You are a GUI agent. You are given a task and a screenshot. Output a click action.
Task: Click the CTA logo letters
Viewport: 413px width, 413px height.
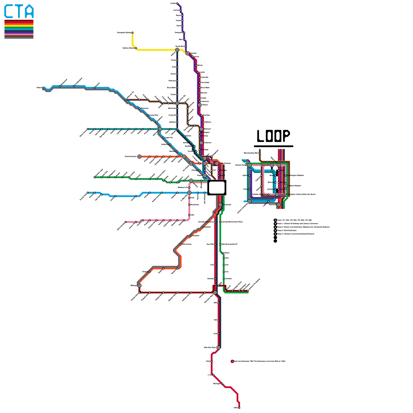19,11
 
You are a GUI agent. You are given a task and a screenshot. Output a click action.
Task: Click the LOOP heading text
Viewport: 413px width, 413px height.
273,136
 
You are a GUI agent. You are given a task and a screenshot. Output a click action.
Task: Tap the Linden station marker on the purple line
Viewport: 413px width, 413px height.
177,3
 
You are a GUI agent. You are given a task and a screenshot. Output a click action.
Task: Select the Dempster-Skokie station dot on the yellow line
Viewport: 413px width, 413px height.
132,33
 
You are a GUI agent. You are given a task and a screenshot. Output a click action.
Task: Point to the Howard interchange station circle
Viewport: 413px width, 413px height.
187,53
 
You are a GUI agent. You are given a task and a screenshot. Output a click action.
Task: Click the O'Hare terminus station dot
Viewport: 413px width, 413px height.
43,88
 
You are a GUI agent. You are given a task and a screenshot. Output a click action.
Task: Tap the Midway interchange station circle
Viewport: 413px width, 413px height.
139,285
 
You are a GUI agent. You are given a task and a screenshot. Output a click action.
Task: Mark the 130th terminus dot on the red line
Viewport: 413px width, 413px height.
239,408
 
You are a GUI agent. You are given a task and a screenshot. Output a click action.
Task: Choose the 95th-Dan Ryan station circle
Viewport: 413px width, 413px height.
218,348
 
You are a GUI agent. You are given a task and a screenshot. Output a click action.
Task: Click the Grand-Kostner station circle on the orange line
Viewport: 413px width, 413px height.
139,157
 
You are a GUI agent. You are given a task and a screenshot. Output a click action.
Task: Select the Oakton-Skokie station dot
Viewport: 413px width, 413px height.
136,48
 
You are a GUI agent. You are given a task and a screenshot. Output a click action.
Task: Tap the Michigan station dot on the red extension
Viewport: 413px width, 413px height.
222,384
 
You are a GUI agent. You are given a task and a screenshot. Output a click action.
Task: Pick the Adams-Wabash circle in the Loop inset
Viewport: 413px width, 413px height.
285,186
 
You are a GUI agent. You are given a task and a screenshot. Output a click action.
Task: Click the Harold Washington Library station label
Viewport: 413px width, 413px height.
297,194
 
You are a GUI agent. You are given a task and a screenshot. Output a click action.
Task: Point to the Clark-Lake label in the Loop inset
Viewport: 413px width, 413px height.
265,165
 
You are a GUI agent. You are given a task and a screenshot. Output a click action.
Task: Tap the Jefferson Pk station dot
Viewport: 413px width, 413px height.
126,100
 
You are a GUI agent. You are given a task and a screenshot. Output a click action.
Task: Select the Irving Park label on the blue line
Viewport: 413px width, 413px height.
154,115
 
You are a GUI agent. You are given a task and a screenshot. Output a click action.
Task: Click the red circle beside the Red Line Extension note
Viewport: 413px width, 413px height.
232,361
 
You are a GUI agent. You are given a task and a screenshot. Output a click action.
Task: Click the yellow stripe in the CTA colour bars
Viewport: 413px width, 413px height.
19,26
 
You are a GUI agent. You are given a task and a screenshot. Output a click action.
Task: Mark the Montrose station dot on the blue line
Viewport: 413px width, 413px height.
139,108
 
